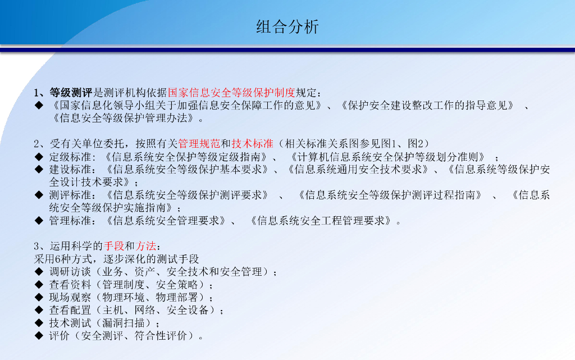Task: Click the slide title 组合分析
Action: point(287,27)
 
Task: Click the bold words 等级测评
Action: point(71,93)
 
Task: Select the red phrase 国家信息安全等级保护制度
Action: point(231,93)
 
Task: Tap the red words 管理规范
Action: point(199,144)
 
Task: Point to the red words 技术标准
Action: point(253,144)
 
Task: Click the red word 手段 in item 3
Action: point(114,246)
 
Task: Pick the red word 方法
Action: point(145,246)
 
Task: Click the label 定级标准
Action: point(70,157)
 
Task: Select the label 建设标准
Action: point(70,170)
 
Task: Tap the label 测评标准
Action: point(70,195)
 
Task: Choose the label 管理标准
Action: point(70,221)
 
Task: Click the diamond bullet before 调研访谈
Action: point(39,272)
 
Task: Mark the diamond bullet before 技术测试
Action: point(39,323)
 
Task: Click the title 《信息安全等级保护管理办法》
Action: point(124,118)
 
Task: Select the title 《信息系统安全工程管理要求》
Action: point(321,221)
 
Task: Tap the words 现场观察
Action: point(70,297)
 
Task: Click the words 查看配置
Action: point(70,310)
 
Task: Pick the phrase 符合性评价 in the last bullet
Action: point(161,336)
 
